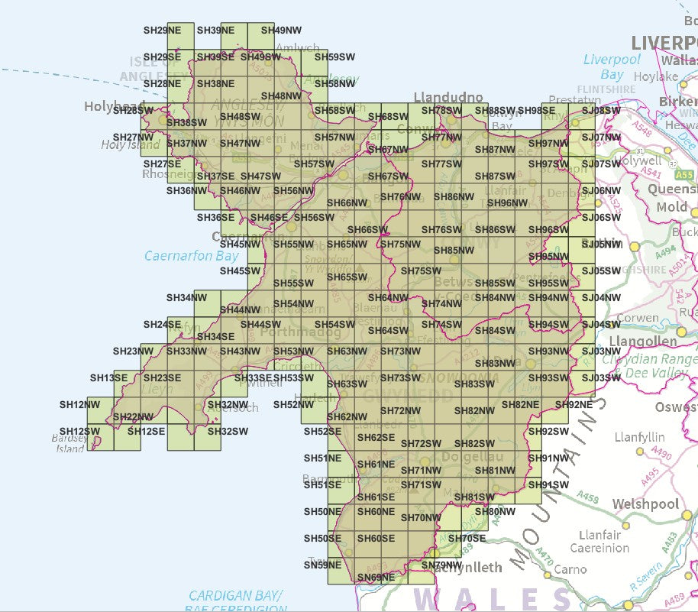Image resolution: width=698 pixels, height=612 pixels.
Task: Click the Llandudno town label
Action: coord(448,97)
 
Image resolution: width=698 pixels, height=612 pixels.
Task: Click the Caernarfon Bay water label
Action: coord(191,256)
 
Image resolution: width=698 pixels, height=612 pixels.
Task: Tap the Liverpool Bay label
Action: coord(603,67)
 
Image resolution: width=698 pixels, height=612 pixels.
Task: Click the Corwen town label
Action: coord(637,317)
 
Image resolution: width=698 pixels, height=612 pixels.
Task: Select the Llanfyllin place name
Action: coord(640,438)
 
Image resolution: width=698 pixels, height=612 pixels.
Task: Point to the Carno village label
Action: coord(570,568)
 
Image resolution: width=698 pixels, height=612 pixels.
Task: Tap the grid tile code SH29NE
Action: coord(162,31)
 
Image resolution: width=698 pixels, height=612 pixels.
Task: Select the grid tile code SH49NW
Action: coord(281,31)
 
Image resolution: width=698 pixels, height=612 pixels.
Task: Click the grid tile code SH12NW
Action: coord(79,404)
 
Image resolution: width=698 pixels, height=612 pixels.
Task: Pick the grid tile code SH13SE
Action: coord(108,377)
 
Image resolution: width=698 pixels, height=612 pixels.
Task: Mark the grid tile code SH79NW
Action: coord(441,565)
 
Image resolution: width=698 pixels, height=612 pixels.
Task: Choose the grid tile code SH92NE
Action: coord(574,404)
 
